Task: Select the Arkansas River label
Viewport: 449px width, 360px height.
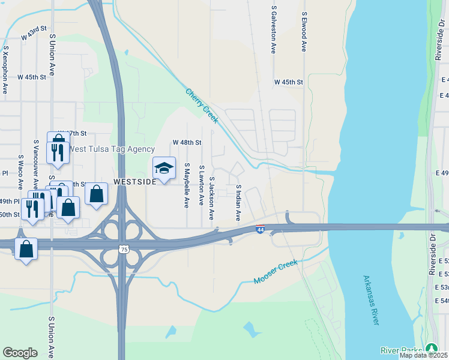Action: [x=371, y=300]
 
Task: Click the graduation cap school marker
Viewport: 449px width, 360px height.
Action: [x=164, y=168]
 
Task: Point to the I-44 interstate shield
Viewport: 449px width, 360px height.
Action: [x=260, y=229]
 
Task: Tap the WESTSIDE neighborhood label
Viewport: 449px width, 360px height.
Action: [x=135, y=181]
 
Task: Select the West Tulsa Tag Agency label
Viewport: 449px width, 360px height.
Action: [x=112, y=149]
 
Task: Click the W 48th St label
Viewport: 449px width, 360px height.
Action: [x=187, y=142]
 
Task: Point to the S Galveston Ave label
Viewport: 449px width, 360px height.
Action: [x=274, y=30]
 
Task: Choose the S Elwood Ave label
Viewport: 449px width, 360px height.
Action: [x=304, y=30]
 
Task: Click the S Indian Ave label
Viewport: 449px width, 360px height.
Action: [x=238, y=202]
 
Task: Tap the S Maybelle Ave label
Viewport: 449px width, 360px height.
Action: [x=187, y=185]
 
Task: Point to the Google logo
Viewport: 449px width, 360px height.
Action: [x=20, y=353]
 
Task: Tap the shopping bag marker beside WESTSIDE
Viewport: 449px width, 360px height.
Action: [x=97, y=194]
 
